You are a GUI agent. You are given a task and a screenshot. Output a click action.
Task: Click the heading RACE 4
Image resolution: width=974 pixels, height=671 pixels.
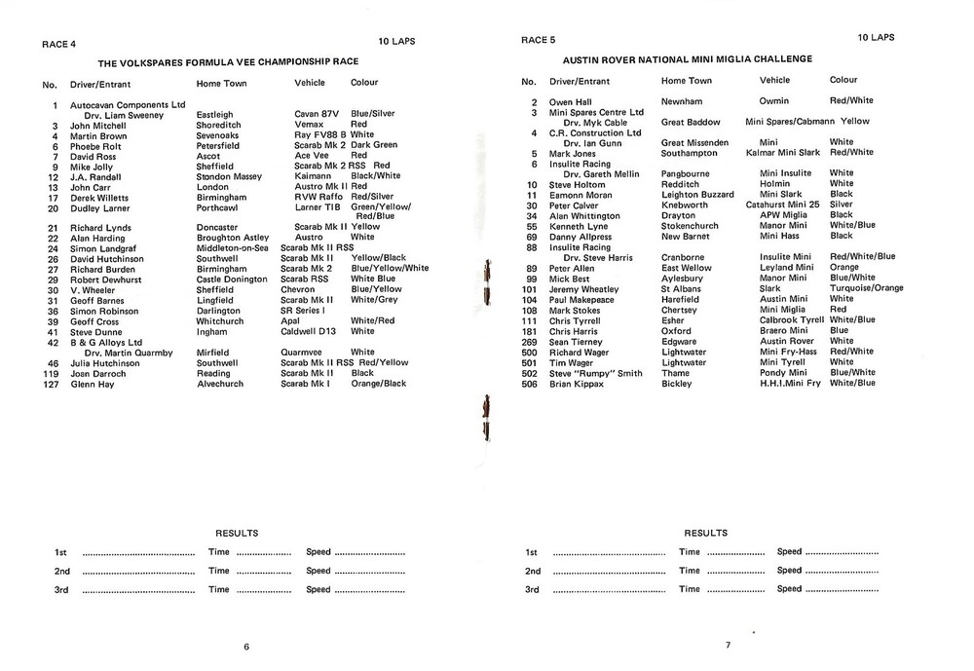58,44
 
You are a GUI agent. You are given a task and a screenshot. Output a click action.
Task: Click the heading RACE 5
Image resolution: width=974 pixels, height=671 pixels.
539,40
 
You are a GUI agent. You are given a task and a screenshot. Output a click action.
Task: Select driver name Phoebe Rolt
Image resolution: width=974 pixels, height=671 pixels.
95,146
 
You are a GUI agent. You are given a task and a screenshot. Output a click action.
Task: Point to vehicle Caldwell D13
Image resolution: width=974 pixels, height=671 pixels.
320,332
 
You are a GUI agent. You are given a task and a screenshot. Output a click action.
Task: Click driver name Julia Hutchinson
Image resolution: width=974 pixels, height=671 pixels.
104,363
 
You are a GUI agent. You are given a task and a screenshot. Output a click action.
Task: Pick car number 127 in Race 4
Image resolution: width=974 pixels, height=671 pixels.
51,385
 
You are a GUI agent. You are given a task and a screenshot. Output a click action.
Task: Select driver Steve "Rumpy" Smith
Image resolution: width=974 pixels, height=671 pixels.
595,373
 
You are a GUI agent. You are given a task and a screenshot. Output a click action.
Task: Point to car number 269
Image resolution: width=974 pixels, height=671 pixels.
530,342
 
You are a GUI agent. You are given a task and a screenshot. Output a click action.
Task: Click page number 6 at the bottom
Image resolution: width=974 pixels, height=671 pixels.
246,647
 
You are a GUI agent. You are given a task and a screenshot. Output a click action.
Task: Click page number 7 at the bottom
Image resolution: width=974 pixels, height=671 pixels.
727,645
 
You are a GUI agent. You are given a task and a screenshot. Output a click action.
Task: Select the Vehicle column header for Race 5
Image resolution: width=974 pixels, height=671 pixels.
774,81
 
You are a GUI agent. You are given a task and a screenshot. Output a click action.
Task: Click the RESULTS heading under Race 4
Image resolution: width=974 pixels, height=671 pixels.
237,533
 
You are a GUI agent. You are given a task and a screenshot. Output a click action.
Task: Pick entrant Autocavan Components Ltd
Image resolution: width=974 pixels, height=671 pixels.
128,104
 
